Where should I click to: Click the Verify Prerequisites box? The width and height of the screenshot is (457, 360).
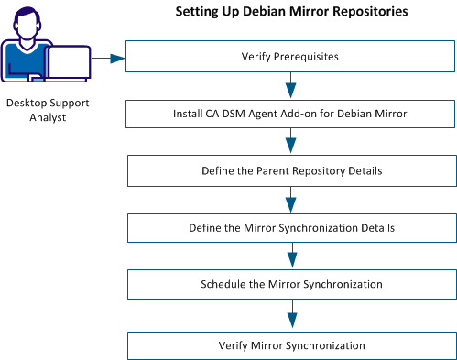(291, 56)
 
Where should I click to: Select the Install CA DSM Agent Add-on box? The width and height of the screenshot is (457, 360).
(291, 114)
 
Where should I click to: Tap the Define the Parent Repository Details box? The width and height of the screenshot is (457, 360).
(291, 170)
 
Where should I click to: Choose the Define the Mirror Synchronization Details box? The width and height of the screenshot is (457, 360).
(291, 226)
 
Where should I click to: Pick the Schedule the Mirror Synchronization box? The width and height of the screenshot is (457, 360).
(291, 284)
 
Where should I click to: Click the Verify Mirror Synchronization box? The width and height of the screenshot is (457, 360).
(291, 345)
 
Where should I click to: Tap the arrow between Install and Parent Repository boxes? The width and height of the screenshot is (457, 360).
(291, 142)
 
